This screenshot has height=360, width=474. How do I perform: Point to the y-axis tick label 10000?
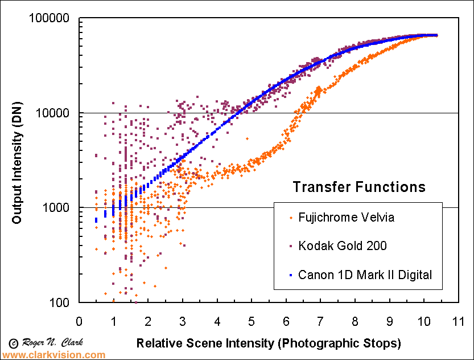[53, 113]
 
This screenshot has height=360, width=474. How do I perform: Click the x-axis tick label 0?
[79, 321]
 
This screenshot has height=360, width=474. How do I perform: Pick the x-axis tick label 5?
[252, 321]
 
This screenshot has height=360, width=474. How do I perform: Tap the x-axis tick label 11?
[457, 321]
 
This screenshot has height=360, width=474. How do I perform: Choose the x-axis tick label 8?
[355, 321]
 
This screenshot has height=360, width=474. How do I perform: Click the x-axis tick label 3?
[183, 321]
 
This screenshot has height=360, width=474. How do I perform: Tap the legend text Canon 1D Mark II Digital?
[365, 275]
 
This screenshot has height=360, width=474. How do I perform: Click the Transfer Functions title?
[358, 187]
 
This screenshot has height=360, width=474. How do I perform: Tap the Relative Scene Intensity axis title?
[269, 343]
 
